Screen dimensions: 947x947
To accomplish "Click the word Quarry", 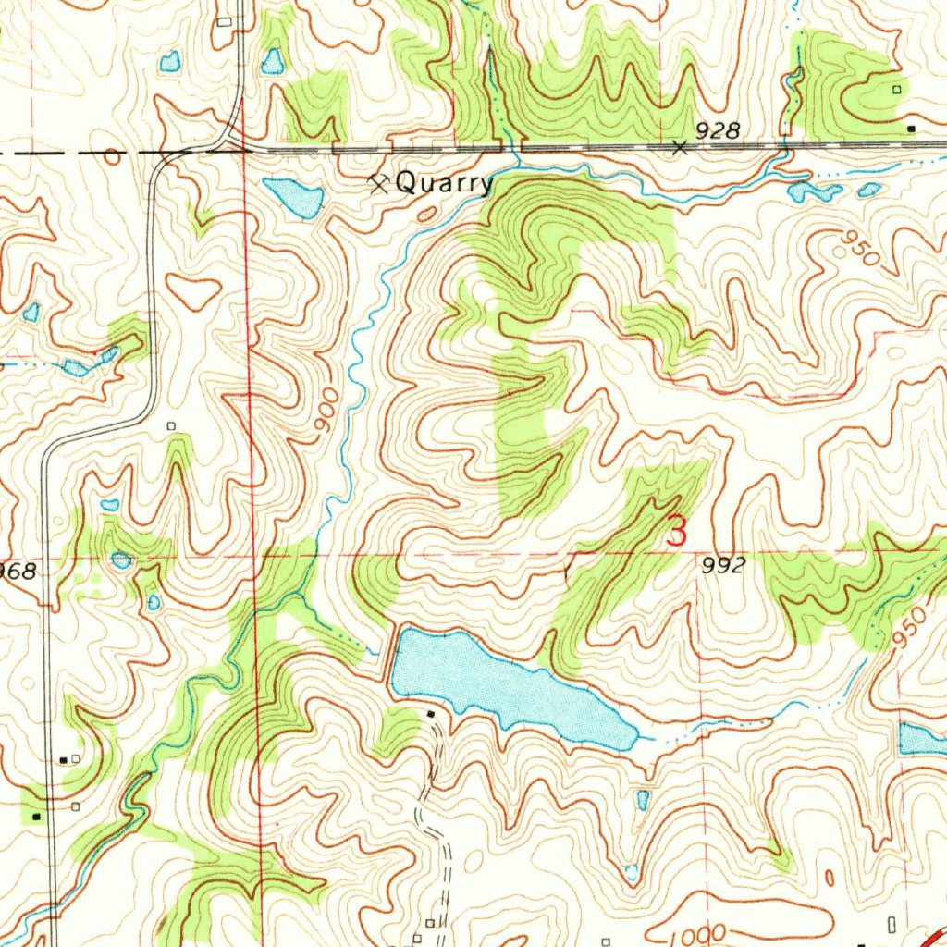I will pyautogui.click(x=444, y=183).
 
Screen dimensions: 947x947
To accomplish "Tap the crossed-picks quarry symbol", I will pyautogui.click(x=378, y=182).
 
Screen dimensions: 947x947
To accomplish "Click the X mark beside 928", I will pyautogui.click(x=681, y=147).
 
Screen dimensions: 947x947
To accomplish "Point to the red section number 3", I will pyautogui.click(x=678, y=532).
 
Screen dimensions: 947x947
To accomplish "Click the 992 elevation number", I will pyautogui.click(x=722, y=567).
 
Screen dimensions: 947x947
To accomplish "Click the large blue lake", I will pyautogui.click(x=499, y=684).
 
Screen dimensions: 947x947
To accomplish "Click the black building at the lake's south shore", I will pyautogui.click(x=431, y=714).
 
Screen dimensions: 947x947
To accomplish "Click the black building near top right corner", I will pyautogui.click(x=912, y=128).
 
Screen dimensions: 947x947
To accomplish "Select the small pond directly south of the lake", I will pyautogui.click(x=643, y=799).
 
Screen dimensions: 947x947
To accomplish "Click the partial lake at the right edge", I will pyautogui.click(x=922, y=737).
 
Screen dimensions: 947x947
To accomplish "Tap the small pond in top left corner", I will pyautogui.click(x=169, y=62).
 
